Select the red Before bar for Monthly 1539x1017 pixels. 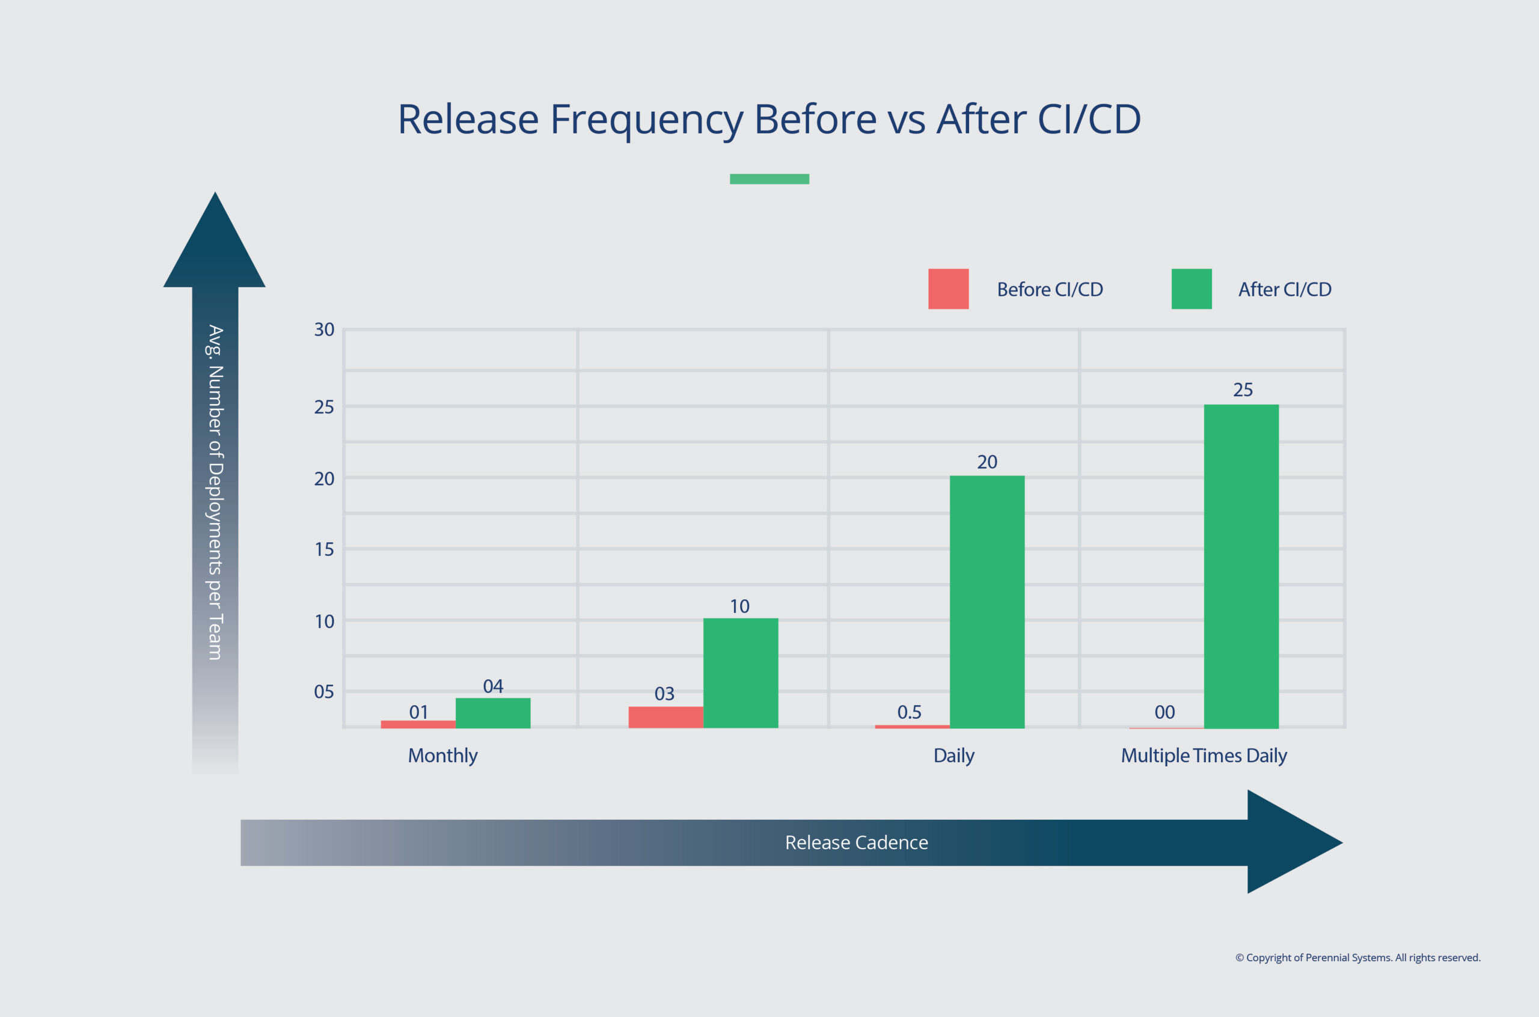tap(418, 724)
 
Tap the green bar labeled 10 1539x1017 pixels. tap(740, 673)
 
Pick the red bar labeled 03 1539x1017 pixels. tap(665, 716)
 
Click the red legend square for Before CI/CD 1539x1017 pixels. tap(947, 289)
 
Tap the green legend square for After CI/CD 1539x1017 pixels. tap(1191, 289)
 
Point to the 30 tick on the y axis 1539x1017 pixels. tap(323, 329)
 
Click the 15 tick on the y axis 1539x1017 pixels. tap(323, 549)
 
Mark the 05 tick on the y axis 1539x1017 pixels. tap(323, 691)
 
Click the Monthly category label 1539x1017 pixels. tap(442, 756)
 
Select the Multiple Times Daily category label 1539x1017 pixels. tap(1203, 756)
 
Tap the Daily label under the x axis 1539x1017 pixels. tap(953, 756)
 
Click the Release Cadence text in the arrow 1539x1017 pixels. tap(856, 842)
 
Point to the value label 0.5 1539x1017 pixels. tap(908, 712)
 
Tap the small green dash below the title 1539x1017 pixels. tap(769, 179)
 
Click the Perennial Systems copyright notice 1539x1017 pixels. tap(1357, 957)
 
